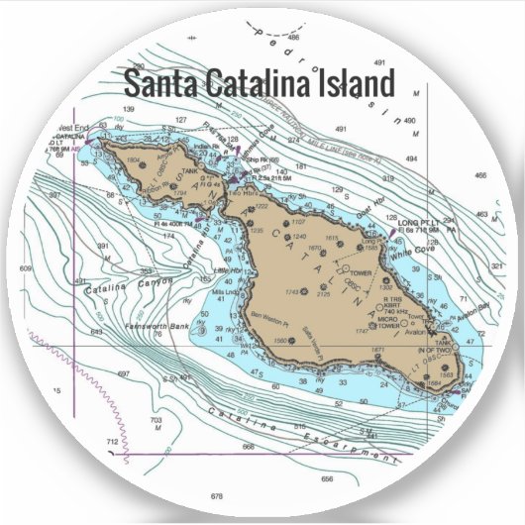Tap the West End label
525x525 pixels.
click(72, 128)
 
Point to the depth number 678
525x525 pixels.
click(217, 495)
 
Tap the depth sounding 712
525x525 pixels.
click(112, 440)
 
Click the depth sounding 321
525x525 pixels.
click(496, 267)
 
